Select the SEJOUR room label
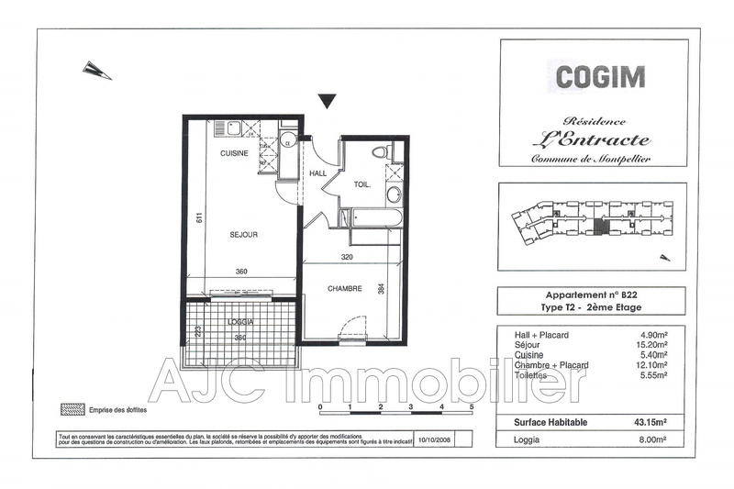click(x=243, y=235)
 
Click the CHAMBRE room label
click(x=346, y=288)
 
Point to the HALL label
click(x=317, y=172)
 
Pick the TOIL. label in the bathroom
click(x=362, y=184)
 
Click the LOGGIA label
click(x=239, y=322)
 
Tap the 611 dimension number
click(x=198, y=218)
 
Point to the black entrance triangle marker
click(x=328, y=101)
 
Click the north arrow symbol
click(x=97, y=70)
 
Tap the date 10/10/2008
click(x=434, y=439)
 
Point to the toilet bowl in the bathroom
click(x=382, y=151)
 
